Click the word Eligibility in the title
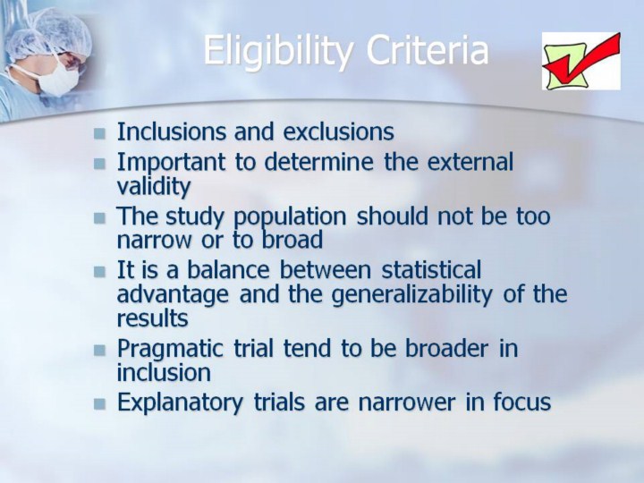pos(278,51)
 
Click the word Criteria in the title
pos(428,50)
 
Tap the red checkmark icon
pos(581,61)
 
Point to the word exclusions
pos(338,131)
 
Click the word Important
pos(171,163)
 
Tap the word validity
pos(154,186)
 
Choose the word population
pos(290,216)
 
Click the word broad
pos(292,240)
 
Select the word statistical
pos(431,270)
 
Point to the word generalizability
pos(411,295)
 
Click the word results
pos(152,318)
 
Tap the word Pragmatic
pos(170,349)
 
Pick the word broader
pos(447,348)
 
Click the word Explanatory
pos(180,402)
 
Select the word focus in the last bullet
pos(522,402)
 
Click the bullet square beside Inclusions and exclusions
pos(99,134)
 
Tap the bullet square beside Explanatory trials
pos(99,404)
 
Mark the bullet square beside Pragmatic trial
pos(99,351)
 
